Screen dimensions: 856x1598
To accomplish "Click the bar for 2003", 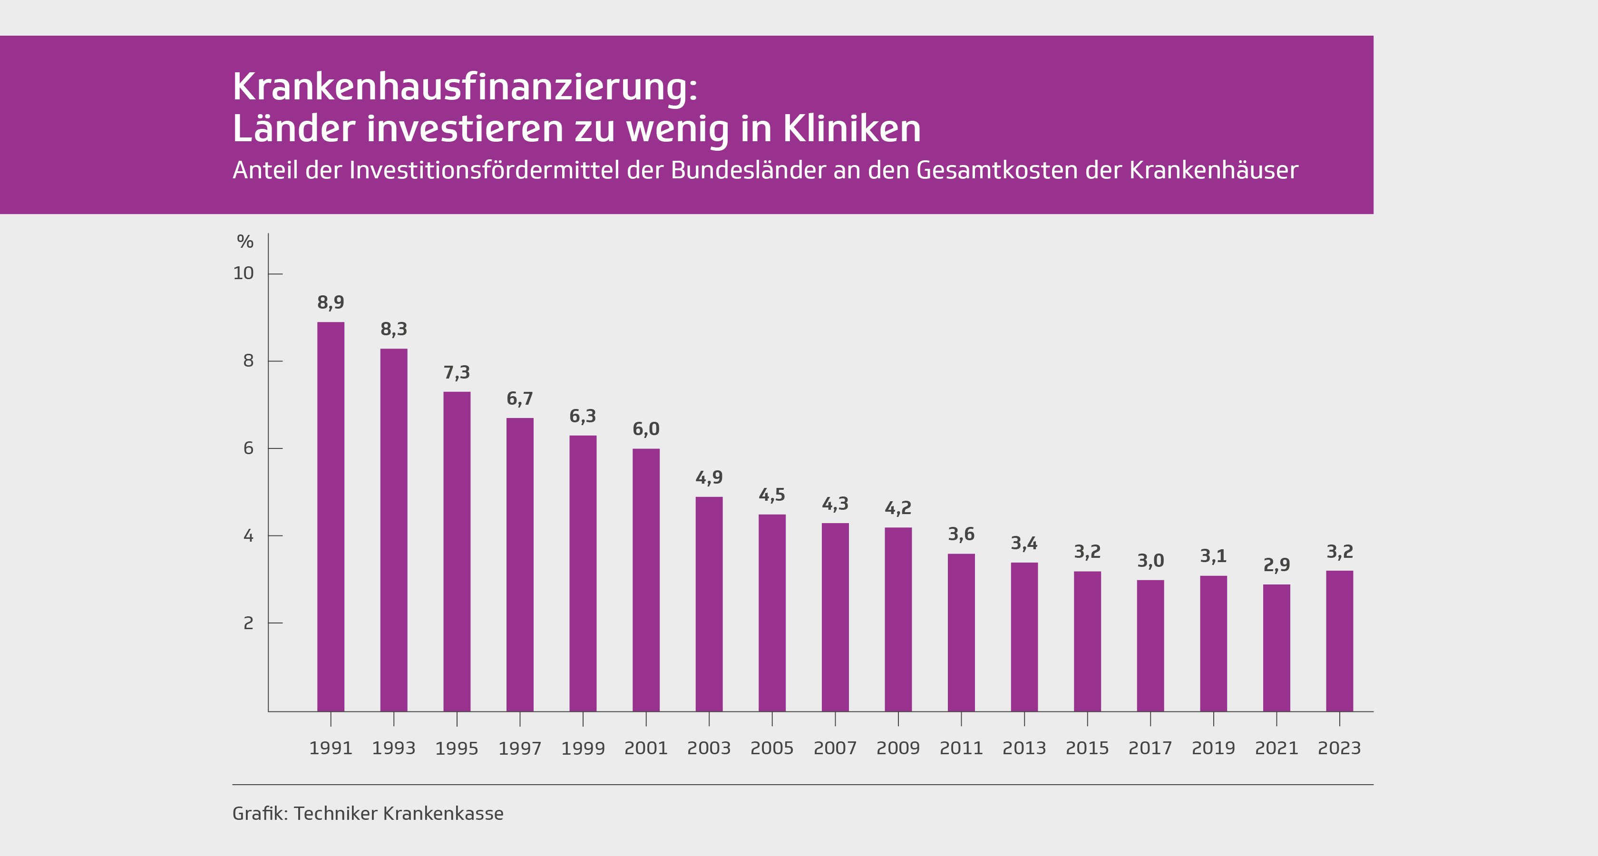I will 709,603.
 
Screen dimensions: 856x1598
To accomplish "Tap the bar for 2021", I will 1276,648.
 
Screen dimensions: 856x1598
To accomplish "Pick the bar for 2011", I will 961,632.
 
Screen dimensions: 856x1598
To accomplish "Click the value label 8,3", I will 394,330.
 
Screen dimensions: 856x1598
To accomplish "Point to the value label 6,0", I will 646,429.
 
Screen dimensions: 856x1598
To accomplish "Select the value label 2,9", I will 1276,565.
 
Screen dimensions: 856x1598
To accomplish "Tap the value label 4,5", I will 772,495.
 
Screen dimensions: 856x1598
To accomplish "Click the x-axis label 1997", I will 520,749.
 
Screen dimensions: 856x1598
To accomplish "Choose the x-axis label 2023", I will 1339,749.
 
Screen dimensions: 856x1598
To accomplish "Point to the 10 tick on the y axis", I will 243,273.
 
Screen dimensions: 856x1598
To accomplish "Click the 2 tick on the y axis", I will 248,623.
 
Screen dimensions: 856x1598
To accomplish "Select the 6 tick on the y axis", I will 248,448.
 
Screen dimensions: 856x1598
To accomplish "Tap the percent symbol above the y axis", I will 245,242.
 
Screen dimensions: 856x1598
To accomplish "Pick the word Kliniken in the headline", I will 852,129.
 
